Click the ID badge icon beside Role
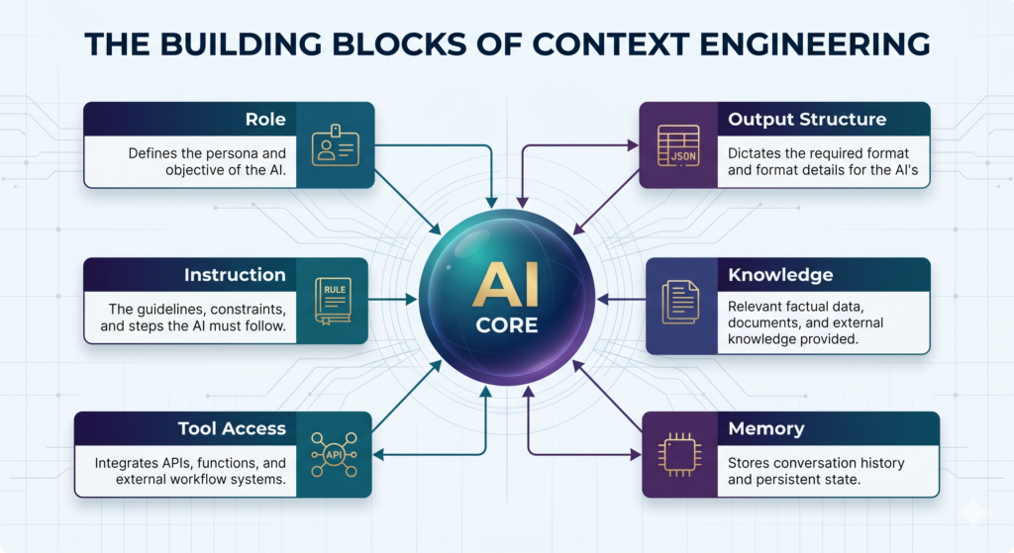[x=335, y=145]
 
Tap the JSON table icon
[x=678, y=145]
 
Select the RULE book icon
[x=334, y=301]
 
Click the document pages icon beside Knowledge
[x=680, y=302]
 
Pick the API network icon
[x=334, y=454]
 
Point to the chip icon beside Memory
[x=679, y=455]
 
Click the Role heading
[x=265, y=120]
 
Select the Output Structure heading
[x=807, y=120]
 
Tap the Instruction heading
[x=235, y=275]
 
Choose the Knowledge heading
[x=780, y=275]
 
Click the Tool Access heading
[x=232, y=428]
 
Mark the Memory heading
[x=766, y=429]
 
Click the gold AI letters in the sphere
[x=506, y=285]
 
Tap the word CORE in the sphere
[x=507, y=324]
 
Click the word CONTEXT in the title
[x=611, y=44]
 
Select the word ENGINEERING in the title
[x=815, y=44]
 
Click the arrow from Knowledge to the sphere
[x=622, y=299]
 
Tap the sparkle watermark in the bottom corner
[x=972, y=513]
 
